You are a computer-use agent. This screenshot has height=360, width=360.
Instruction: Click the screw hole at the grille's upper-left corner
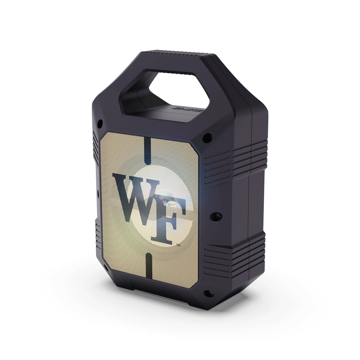pyautogui.click(x=100, y=122)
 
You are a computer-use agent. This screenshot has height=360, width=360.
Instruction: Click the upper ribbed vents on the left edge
pyautogui.click(x=96, y=145)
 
